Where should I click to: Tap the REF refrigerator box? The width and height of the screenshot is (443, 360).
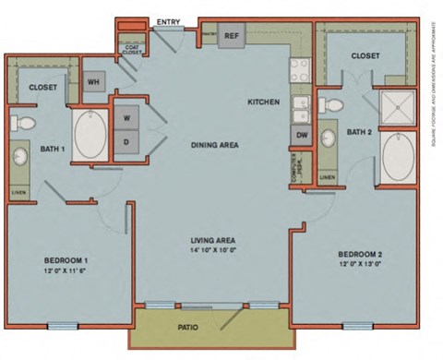tap(233, 36)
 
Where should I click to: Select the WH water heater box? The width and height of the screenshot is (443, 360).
tap(93, 80)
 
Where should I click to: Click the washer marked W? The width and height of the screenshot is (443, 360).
tap(126, 117)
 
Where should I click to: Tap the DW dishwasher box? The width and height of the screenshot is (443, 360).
tap(302, 135)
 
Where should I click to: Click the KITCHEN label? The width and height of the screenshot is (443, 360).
tap(263, 102)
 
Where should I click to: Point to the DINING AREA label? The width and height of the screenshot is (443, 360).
tap(216, 145)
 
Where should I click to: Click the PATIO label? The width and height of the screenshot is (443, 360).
tap(191, 326)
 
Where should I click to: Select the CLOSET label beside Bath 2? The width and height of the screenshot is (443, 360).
tap(365, 56)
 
